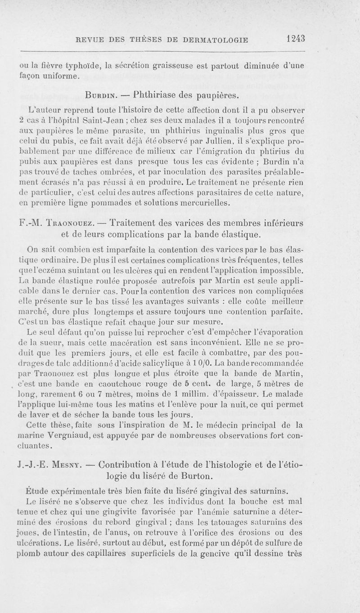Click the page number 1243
[295, 38]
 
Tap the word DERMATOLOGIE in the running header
[216, 39]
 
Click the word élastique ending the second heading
[238, 235]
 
